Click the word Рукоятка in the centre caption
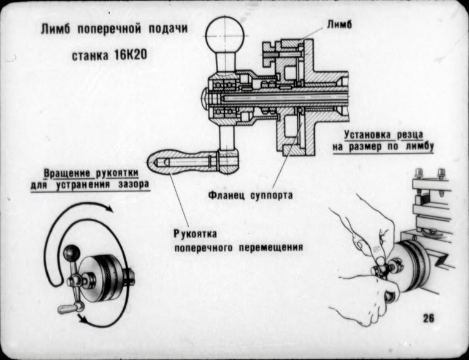[195, 236]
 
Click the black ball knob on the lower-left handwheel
[73, 253]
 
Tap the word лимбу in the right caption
[418, 147]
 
